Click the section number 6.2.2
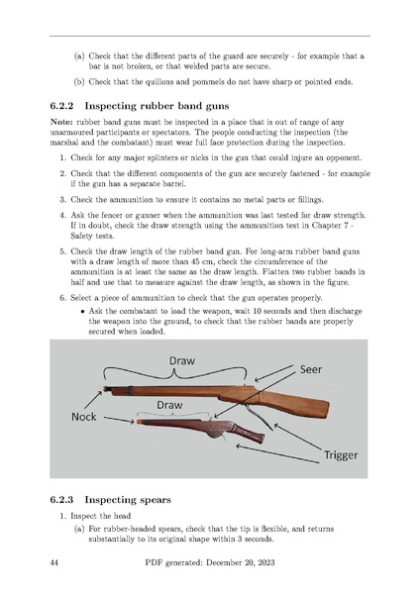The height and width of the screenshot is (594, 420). point(61,106)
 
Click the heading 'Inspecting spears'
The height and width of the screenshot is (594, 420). point(128,500)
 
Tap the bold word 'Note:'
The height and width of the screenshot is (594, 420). point(61,123)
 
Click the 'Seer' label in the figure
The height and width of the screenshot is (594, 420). point(311,369)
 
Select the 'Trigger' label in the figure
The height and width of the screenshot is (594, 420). point(341,455)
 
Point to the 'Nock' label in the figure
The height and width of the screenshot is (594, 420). point(84,417)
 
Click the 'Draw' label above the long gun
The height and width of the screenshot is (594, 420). point(182,360)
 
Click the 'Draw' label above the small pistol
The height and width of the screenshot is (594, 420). point(169,405)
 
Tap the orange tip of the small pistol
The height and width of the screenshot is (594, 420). point(140,422)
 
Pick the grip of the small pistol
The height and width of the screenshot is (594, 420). point(249,433)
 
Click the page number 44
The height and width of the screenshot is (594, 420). point(53,562)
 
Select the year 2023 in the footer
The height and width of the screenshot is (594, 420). point(265,562)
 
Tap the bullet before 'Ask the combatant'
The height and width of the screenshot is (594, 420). point(82,312)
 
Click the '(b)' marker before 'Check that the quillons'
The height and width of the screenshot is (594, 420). point(79,82)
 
